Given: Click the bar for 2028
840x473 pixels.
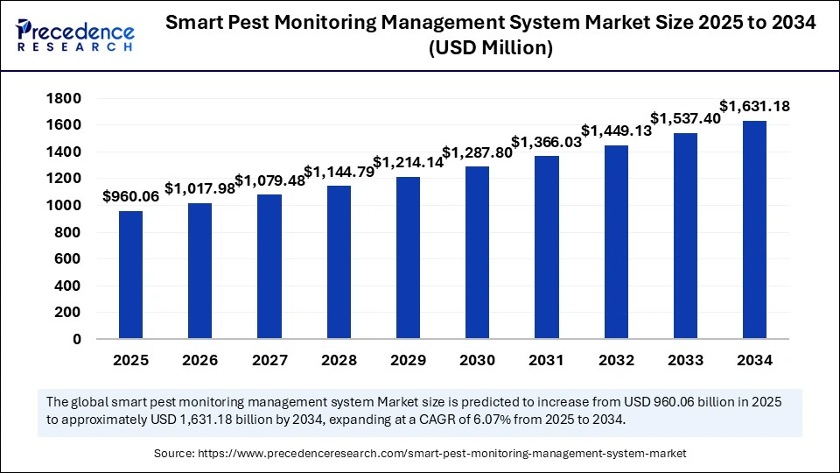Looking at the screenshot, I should [339, 262].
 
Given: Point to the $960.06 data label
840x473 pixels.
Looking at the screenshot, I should [131, 197].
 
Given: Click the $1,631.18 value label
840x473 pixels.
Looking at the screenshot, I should [754, 107].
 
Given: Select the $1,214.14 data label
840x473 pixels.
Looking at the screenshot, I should [408, 162].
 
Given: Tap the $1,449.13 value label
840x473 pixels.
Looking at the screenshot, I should [616, 131].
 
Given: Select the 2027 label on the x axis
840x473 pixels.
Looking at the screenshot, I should [269, 360].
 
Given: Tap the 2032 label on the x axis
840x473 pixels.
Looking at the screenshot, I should [616, 360].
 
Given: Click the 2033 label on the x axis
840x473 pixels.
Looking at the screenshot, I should [685, 360].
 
